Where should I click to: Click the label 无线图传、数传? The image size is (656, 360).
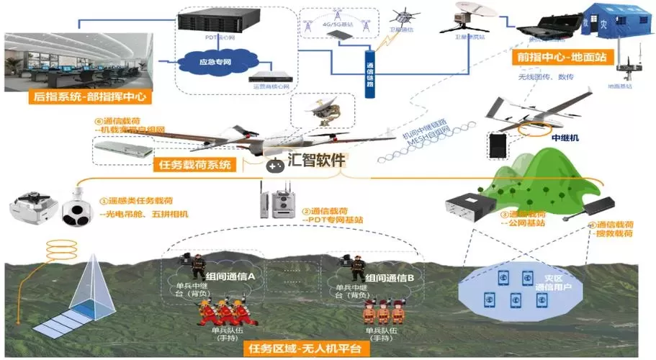click(x=546, y=76)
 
